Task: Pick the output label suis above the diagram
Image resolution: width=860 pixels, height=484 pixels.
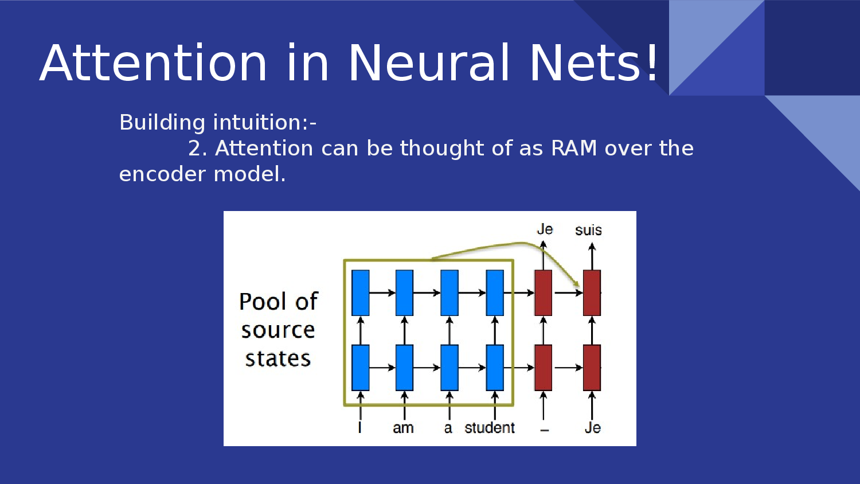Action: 588,231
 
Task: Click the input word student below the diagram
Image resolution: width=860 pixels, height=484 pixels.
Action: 490,428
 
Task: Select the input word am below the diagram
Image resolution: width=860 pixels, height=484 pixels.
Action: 403,428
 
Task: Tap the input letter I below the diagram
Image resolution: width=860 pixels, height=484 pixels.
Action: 359,428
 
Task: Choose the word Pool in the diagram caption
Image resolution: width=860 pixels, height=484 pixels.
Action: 263,302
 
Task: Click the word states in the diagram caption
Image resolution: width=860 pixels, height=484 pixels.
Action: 278,359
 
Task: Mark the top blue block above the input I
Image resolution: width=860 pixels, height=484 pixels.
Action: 360,292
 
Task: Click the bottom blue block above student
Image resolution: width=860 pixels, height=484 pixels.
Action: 495,368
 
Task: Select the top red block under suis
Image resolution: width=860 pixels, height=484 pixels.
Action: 592,292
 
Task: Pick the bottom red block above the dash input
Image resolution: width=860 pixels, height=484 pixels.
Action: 543,368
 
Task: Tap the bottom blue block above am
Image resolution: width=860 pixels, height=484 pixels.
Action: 404,368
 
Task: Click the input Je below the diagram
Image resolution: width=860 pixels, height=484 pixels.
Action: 593,428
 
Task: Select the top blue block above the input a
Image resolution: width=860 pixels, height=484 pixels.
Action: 449,292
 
